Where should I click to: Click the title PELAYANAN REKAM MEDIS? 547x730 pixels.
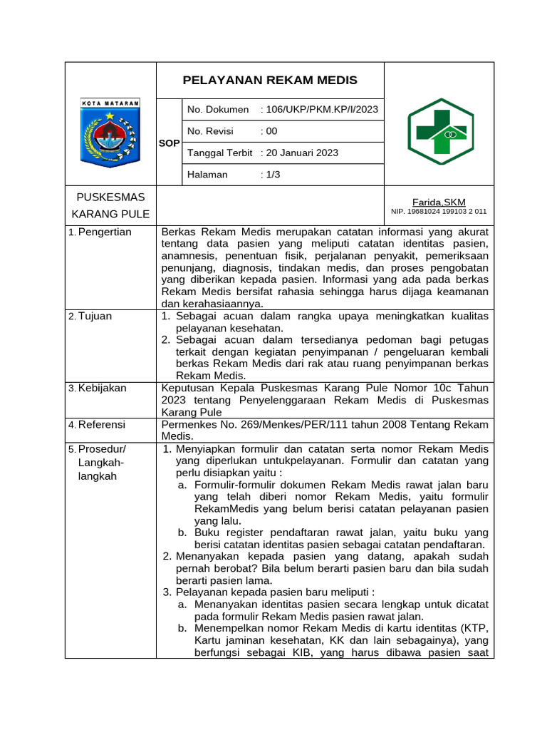point(270,80)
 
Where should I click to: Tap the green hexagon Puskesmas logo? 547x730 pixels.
point(440,131)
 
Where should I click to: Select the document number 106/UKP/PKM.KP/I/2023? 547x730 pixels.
point(320,109)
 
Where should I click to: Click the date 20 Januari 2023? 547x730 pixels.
point(300,153)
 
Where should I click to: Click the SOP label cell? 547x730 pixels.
point(169,143)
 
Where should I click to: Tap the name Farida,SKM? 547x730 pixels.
point(439,202)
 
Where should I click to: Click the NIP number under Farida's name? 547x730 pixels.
point(439,212)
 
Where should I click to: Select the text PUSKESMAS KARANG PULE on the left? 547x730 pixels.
point(110,205)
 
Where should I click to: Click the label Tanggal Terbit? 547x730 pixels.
point(220,153)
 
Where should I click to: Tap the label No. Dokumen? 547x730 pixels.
point(218,109)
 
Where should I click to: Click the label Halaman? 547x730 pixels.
point(207,175)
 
